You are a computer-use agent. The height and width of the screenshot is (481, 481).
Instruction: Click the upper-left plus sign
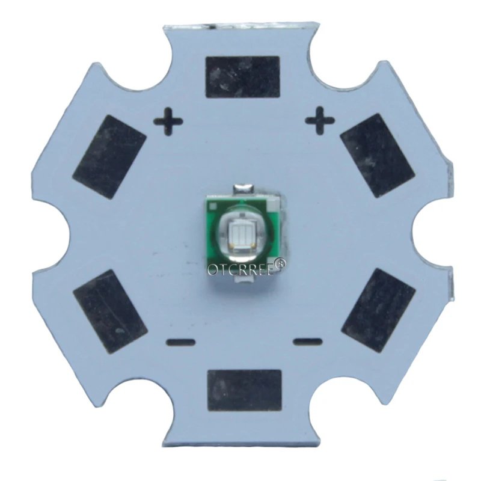pos(168,121)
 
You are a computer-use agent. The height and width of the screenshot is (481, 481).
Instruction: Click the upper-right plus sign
pos(319,121)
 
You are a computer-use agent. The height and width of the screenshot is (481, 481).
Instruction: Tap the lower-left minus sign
pos(180,342)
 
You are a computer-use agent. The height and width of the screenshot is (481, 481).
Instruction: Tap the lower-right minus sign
pos(308,342)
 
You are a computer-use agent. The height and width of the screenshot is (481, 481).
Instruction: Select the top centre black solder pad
pos(243,77)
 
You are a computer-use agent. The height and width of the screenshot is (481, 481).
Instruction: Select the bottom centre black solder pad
pos(245,390)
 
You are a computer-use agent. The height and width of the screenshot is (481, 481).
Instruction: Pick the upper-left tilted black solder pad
pos(109,157)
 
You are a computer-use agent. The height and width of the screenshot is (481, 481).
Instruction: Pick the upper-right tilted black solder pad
pos(378,156)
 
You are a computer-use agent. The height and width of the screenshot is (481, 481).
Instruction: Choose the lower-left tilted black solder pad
pos(110,311)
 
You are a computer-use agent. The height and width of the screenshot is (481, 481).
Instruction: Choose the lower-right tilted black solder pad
pos(379,310)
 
